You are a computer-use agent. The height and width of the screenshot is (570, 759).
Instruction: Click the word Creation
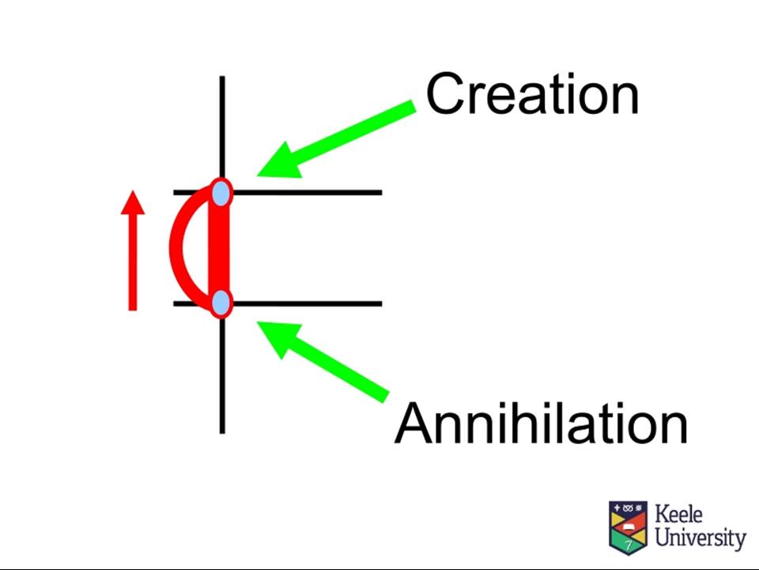pos(532,93)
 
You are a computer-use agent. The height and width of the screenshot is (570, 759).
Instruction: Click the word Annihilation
pos(541,423)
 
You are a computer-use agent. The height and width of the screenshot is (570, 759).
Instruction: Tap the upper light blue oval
pos(221,192)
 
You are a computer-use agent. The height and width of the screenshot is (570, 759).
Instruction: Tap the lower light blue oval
pos(221,302)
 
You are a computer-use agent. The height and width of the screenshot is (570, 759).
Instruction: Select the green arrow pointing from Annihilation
pos(323,362)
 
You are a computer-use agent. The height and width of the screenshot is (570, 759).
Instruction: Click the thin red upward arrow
pos(133,250)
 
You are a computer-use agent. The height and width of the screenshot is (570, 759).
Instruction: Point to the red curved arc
pos(176,247)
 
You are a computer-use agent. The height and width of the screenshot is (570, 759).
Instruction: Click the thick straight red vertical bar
pos(218,247)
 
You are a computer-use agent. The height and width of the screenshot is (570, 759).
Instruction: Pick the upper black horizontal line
pos(278,193)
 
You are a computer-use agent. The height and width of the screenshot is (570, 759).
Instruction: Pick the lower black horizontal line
pos(278,304)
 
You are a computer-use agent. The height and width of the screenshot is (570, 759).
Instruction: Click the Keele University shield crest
pos(629,527)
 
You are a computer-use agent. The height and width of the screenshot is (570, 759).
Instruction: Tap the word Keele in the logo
pos(678,514)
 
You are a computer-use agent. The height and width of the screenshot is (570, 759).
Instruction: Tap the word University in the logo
pos(700,537)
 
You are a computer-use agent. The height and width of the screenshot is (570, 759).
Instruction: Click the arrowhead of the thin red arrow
pos(133,202)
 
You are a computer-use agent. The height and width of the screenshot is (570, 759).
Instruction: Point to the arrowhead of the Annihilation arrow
pos(278,338)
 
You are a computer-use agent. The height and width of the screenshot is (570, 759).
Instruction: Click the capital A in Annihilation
pos(413,423)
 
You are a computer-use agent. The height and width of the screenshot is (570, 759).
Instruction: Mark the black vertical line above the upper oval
pos(222,127)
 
